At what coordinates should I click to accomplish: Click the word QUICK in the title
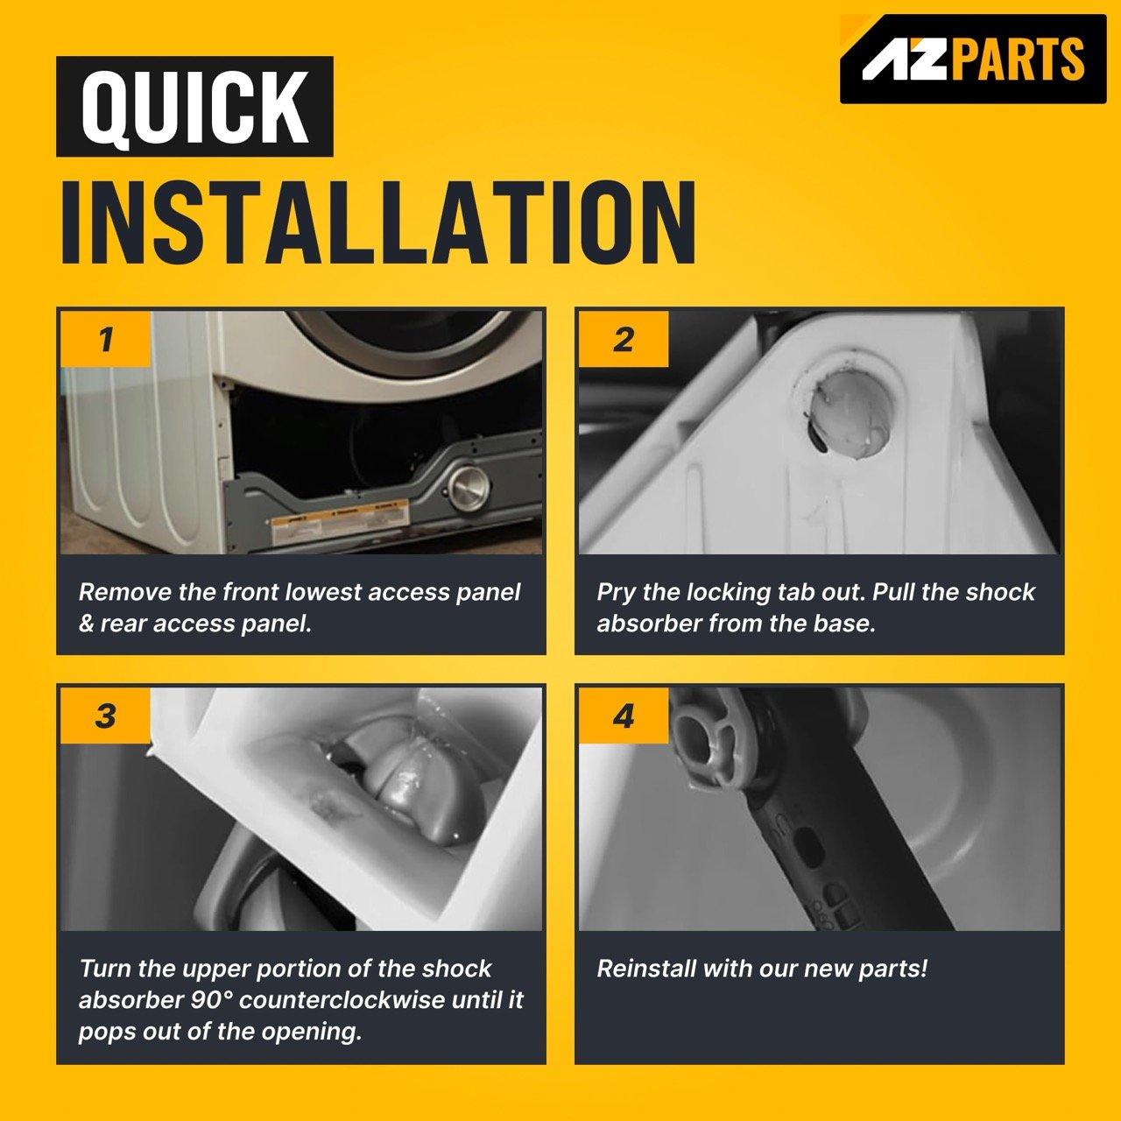click(x=194, y=107)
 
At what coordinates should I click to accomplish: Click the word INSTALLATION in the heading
click(x=378, y=222)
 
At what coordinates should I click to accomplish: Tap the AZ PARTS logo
click(x=973, y=60)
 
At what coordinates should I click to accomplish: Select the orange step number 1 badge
click(x=105, y=339)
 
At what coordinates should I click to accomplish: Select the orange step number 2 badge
click(x=623, y=339)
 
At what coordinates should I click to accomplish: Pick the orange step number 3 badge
click(x=105, y=716)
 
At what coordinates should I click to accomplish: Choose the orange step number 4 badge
click(x=623, y=716)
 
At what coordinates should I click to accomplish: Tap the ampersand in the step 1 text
click(x=86, y=624)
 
